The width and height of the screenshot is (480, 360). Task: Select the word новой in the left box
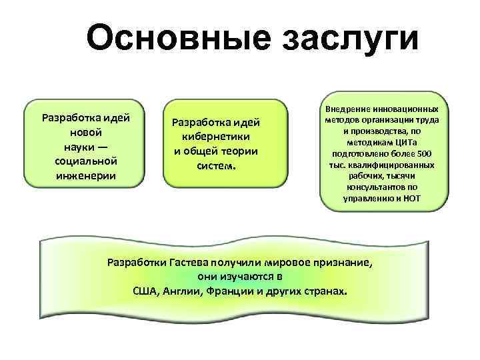click(x=85, y=133)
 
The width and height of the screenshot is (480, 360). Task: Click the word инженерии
click(x=86, y=175)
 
